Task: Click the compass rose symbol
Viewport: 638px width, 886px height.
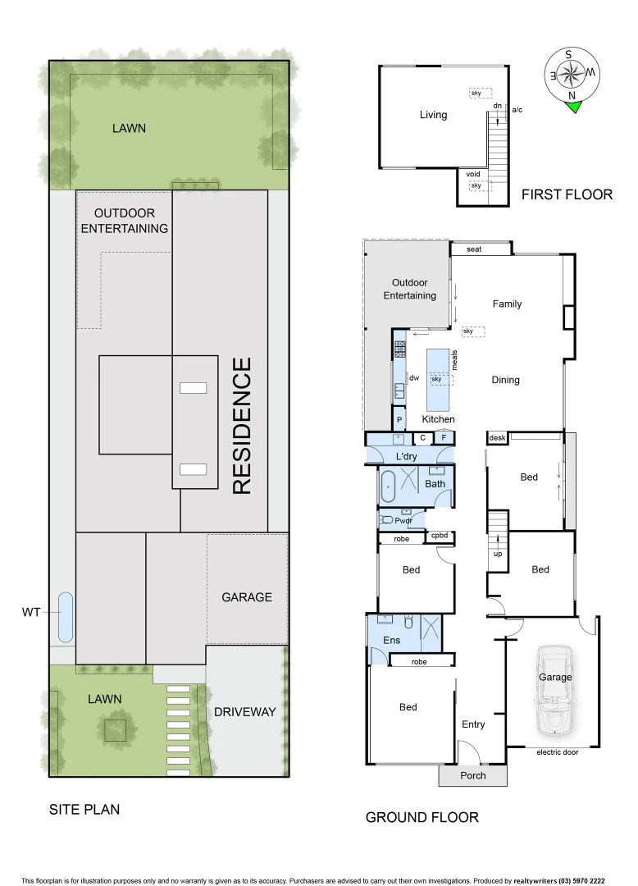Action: (x=572, y=74)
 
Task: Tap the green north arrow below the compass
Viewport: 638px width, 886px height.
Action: (x=572, y=105)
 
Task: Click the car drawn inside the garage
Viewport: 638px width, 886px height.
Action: (x=554, y=690)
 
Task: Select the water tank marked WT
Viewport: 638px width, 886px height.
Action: (x=65, y=616)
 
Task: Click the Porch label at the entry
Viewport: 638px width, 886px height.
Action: (x=473, y=775)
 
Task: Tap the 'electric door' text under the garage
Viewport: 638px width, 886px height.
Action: (x=557, y=751)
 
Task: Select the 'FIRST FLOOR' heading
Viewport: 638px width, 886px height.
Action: (x=567, y=194)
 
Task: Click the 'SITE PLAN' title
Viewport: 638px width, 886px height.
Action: (x=84, y=809)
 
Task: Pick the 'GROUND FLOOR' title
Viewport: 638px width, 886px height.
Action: (x=422, y=817)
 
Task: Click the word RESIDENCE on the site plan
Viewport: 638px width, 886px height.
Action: (x=241, y=425)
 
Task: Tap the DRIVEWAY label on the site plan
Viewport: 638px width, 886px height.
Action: (x=245, y=711)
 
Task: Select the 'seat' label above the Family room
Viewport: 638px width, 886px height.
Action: (x=474, y=249)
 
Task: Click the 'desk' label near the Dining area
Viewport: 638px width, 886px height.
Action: (x=497, y=438)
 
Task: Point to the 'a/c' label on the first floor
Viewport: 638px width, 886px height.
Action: (x=517, y=109)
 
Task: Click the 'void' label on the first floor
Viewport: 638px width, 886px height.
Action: (x=472, y=174)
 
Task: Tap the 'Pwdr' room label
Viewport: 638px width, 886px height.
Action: (x=403, y=520)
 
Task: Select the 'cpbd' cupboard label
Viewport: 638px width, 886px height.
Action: (x=439, y=536)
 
